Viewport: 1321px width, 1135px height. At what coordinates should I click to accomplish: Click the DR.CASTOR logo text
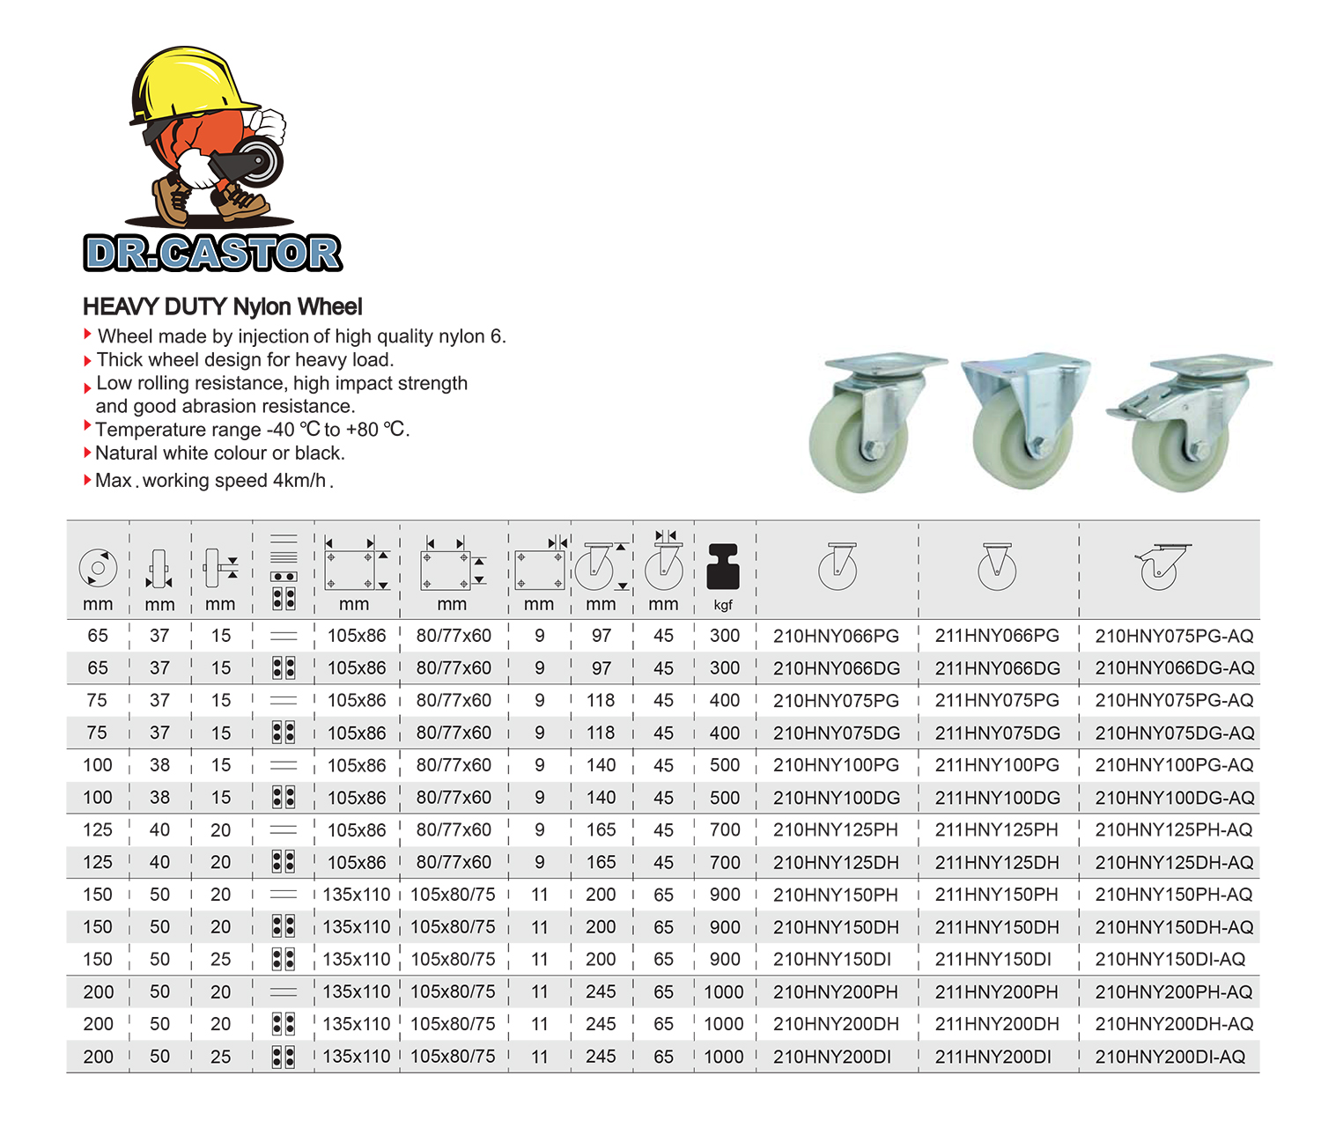(213, 254)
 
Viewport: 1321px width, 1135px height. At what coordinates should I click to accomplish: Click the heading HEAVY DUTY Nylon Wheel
(222, 306)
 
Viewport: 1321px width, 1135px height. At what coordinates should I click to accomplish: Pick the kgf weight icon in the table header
(723, 568)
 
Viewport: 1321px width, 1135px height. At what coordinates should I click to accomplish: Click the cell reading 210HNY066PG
(836, 636)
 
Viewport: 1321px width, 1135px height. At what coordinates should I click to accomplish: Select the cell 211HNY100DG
(997, 798)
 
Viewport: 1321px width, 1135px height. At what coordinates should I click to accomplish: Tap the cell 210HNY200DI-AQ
(1170, 1057)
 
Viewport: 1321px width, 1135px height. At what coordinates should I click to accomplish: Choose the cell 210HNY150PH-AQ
(1173, 895)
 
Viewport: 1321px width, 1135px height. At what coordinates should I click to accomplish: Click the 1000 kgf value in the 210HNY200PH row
(724, 992)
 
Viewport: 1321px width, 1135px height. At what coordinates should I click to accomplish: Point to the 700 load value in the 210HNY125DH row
(724, 863)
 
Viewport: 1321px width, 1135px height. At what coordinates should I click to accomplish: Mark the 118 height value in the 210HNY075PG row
(601, 701)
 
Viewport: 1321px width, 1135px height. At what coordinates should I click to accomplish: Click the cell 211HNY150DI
(993, 960)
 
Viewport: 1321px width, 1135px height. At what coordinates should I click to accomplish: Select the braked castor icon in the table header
(1161, 566)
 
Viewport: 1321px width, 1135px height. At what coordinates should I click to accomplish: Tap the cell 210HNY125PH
(835, 830)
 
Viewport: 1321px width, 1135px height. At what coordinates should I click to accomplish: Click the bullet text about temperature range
(252, 430)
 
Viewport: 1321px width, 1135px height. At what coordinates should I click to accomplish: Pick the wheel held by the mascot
(259, 160)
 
